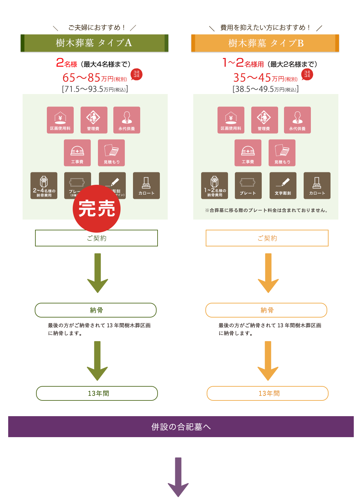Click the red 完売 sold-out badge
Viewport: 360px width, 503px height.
pyautogui.click(x=97, y=209)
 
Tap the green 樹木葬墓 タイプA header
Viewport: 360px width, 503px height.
pyautogui.click(x=94, y=43)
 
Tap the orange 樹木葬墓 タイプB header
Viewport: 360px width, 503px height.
pyautogui.click(x=265, y=43)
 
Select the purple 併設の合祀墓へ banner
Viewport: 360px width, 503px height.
pyautogui.click(x=181, y=427)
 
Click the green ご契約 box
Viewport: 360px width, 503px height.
pyautogui.click(x=96, y=238)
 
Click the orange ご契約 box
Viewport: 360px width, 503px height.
pyautogui.click(x=267, y=238)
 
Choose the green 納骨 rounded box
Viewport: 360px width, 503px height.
pyautogui.click(x=96, y=310)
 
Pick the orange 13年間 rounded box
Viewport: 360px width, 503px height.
pyautogui.click(x=267, y=393)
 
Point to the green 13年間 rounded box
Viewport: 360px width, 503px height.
pyautogui.click(x=97, y=393)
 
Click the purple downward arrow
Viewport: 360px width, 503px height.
pyautogui.click(x=178, y=477)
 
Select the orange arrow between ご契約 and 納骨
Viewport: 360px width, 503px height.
pyautogui.click(x=268, y=273)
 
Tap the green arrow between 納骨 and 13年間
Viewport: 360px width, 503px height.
pyautogui.click(x=97, y=360)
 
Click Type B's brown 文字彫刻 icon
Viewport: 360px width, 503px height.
pyautogui.click(x=283, y=185)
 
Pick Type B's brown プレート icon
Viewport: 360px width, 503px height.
pyautogui.click(x=248, y=185)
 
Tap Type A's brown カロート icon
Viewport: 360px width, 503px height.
pyautogui.click(x=146, y=185)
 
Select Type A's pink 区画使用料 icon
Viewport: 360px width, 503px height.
pyautogui.click(x=60, y=120)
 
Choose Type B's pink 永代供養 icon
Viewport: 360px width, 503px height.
pyautogui.click(x=297, y=120)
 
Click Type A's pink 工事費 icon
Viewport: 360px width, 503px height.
pyautogui.click(x=77, y=153)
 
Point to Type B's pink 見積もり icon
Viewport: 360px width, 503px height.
pyautogui.click(x=282, y=153)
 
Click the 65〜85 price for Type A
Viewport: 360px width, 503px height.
pyautogui.click(x=82, y=78)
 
